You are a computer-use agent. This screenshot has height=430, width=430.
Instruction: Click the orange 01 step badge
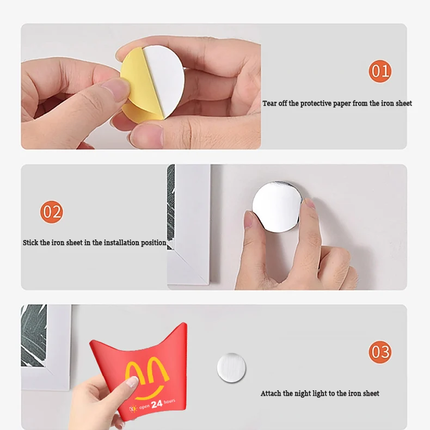(380, 71)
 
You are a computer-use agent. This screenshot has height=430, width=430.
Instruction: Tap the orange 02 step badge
(52, 212)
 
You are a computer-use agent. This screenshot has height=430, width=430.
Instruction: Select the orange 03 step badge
(380, 352)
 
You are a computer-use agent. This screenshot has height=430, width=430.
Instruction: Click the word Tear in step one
(269, 103)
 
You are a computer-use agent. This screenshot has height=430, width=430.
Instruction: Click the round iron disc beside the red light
(231, 368)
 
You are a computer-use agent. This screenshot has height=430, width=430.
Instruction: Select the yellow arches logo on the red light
(147, 372)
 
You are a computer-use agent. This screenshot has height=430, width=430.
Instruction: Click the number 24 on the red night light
(157, 404)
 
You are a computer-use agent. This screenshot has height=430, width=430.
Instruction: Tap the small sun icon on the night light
(133, 409)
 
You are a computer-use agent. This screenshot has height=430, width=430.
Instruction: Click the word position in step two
(153, 243)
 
